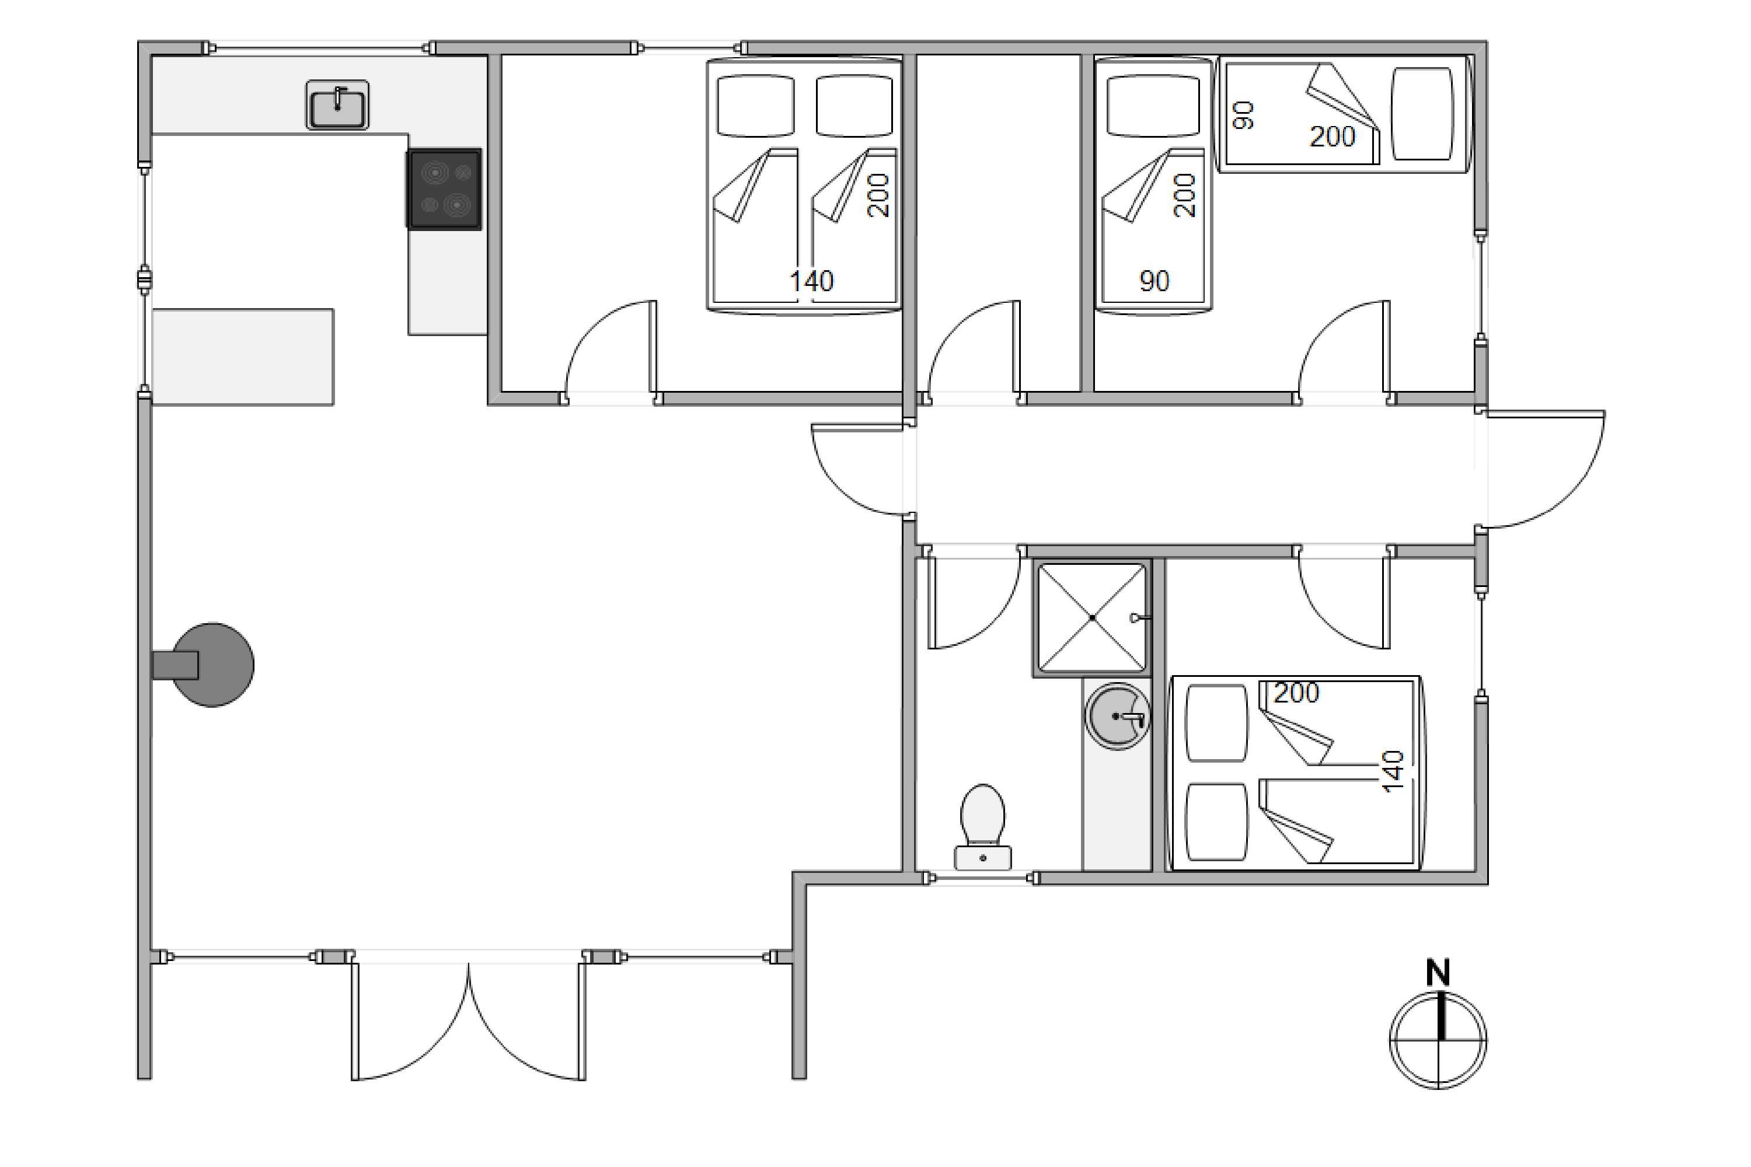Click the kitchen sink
[x=337, y=105]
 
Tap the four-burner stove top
[x=444, y=189]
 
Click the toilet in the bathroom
[x=983, y=827]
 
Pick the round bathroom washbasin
[x=1117, y=716]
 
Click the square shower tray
[x=1092, y=618]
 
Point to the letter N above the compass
[x=1438, y=973]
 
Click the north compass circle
[x=1438, y=1039]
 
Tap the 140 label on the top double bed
[x=811, y=281]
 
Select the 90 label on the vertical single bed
[x=1154, y=281]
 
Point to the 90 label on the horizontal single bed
[x=1243, y=116]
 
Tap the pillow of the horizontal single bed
[x=1422, y=114]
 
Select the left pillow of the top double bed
[x=755, y=106]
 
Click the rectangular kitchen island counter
[x=243, y=357]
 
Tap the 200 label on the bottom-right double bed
[x=1297, y=694]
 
